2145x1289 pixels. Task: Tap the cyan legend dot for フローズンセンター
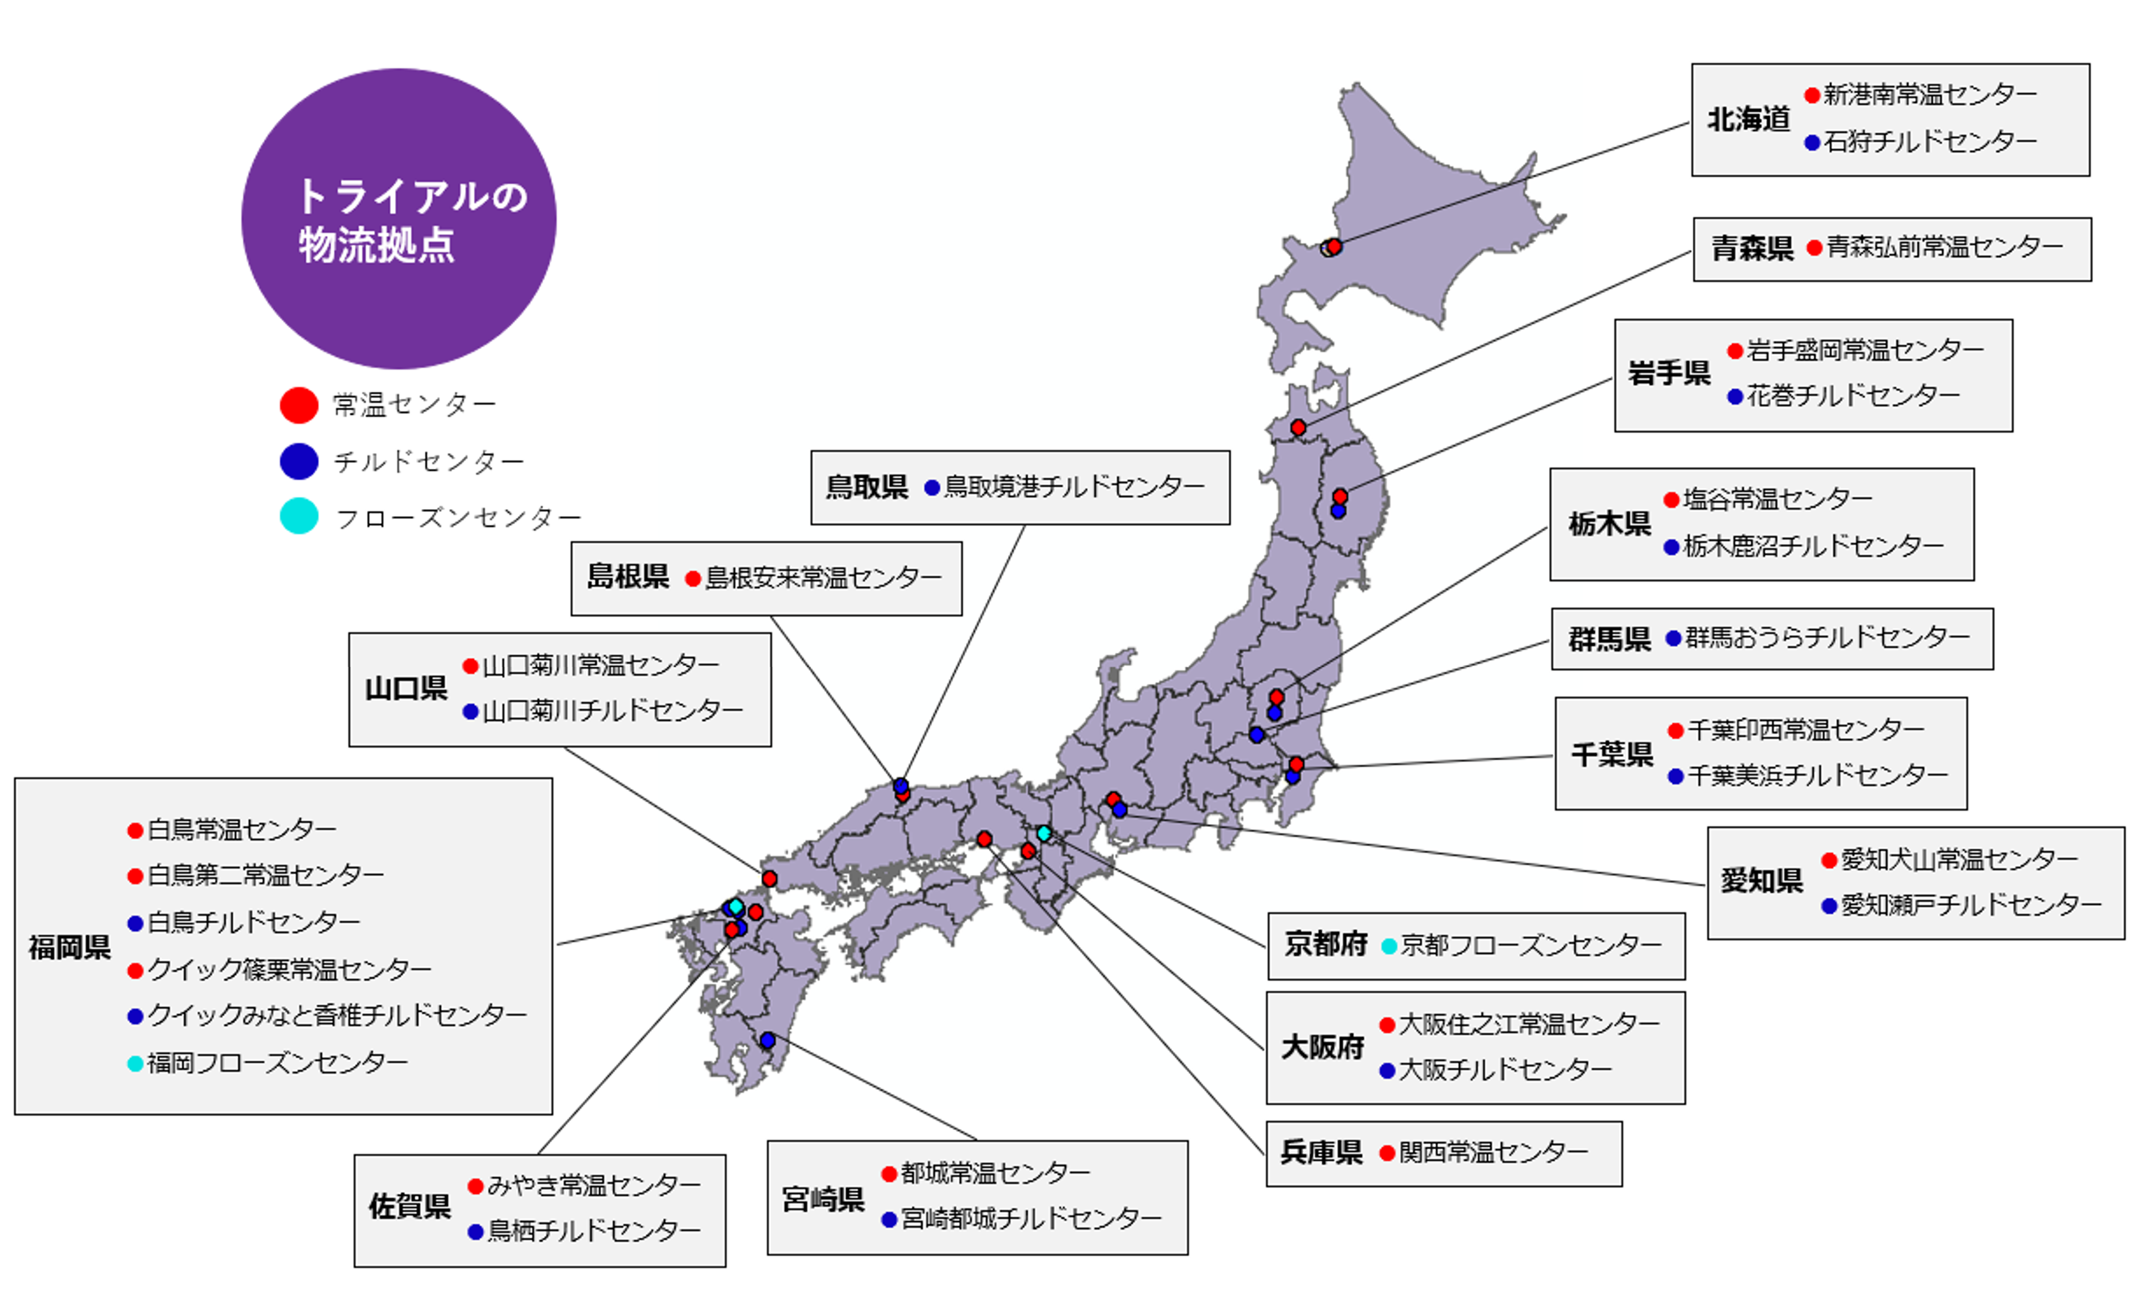(299, 516)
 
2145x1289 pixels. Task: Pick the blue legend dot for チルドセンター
(299, 461)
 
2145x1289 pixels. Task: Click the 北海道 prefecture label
(1748, 120)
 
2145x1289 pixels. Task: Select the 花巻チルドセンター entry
(1853, 396)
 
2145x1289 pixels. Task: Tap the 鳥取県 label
(867, 487)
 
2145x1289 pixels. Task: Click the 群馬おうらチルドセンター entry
(1827, 638)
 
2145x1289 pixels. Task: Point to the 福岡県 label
(69, 947)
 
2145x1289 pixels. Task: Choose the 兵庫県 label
(1321, 1152)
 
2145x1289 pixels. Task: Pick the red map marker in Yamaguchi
(769, 879)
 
